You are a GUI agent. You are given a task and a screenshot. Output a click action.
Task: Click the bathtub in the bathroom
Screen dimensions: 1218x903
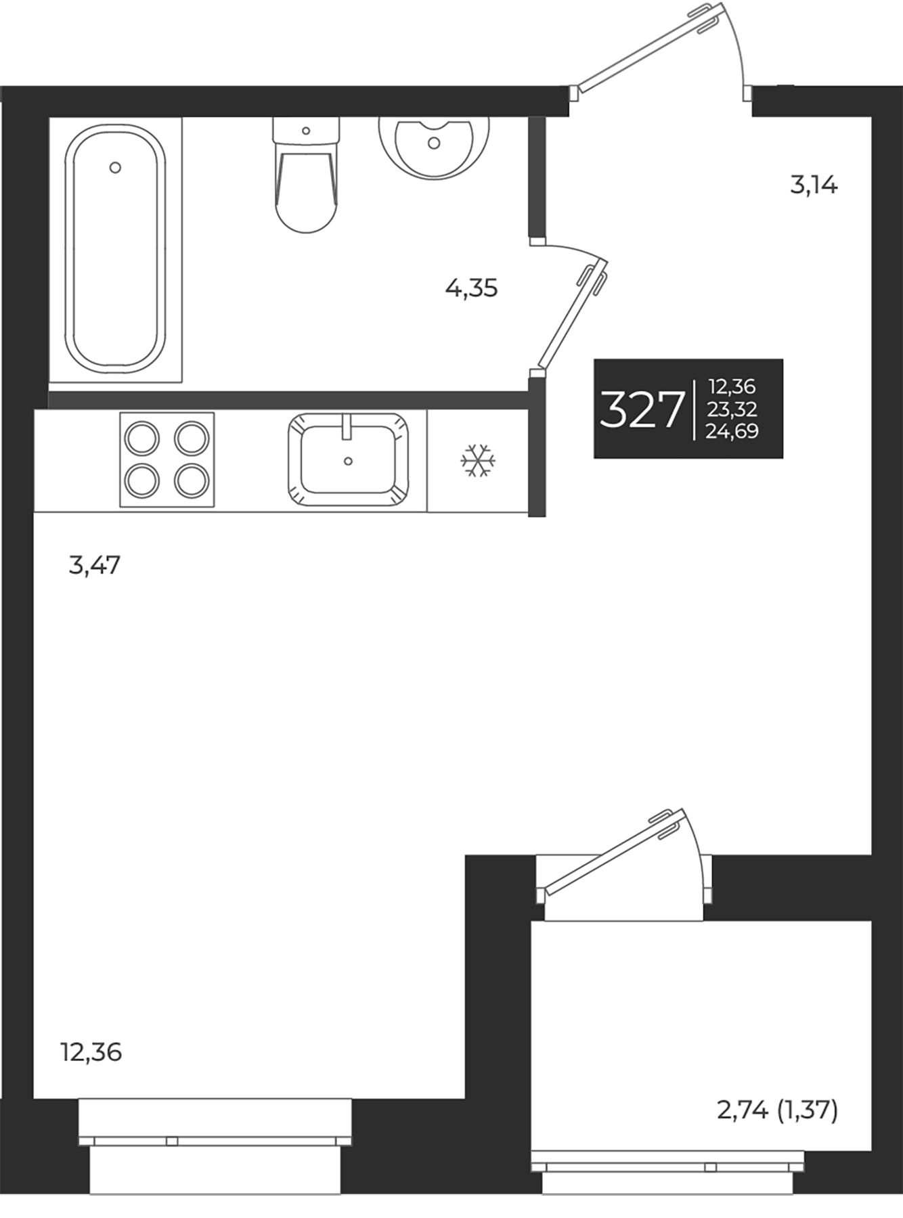[115, 250]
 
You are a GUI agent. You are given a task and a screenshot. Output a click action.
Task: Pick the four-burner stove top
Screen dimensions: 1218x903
[167, 459]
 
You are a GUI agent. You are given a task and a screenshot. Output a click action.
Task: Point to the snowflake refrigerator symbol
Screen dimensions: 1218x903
[478, 461]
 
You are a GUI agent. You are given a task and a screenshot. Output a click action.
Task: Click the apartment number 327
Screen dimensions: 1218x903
[640, 409]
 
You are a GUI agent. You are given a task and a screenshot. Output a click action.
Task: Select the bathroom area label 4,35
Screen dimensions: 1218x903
[471, 289]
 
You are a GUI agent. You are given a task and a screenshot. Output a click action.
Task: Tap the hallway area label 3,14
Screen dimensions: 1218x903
[814, 185]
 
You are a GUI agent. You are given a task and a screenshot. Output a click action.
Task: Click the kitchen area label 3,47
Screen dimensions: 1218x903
[95, 565]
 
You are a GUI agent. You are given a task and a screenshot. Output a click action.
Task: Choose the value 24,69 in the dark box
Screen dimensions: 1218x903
[732, 431]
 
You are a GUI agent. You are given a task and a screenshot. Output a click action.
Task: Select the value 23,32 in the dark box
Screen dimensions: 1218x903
[732, 409]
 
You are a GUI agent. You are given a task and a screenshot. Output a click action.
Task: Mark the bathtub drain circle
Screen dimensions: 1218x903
[115, 167]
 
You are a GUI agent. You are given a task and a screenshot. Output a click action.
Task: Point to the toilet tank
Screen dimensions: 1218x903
[305, 131]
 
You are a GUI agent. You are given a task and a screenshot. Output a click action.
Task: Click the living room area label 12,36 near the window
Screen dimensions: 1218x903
[91, 1052]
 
